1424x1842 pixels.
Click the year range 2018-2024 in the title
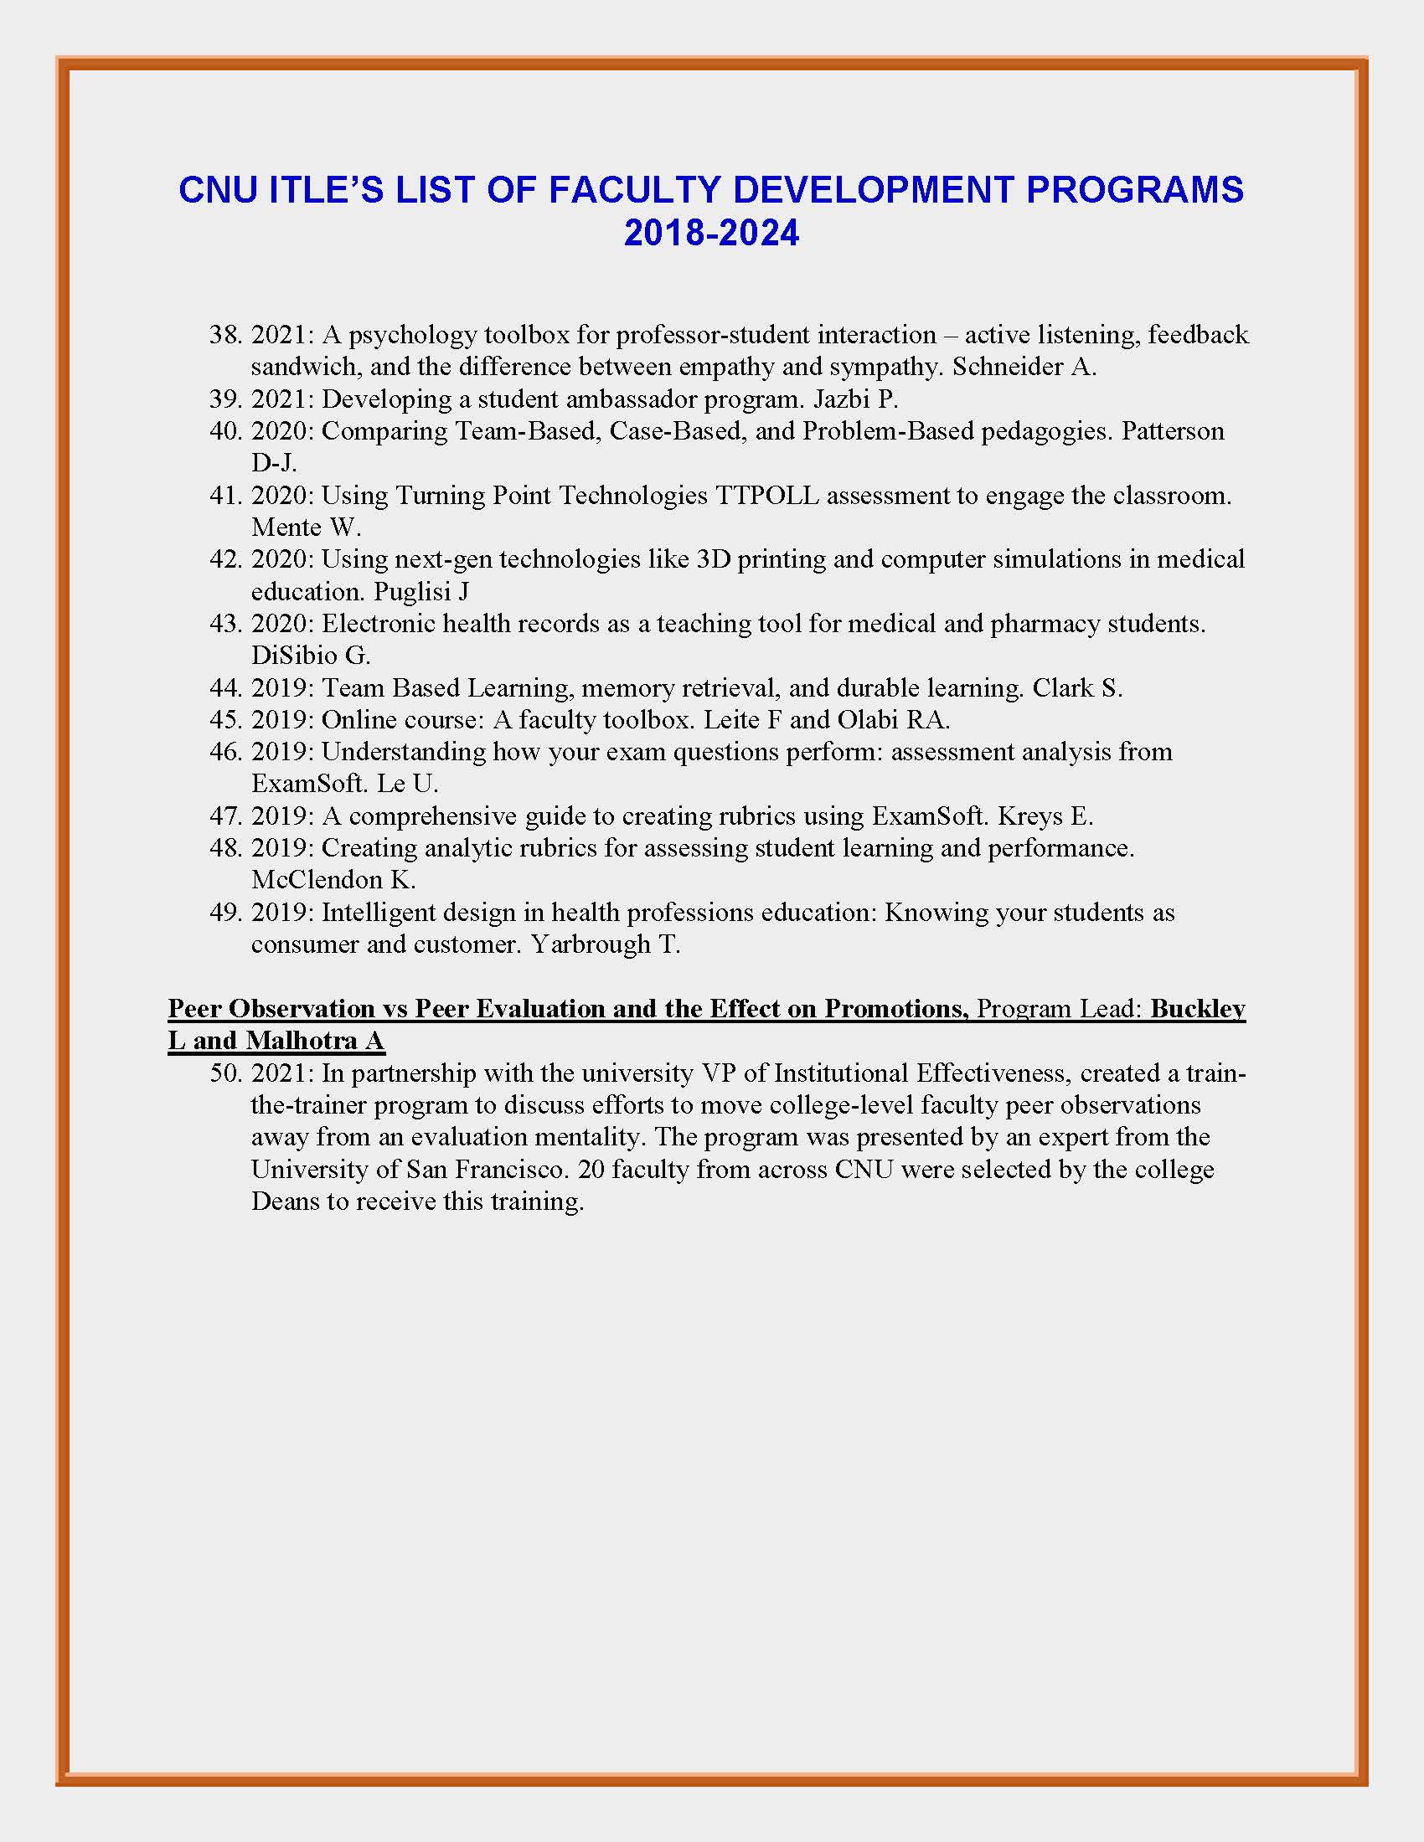[x=711, y=234]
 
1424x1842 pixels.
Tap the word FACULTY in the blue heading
[x=632, y=191]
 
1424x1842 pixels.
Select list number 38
[x=225, y=336]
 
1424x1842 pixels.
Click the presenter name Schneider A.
[x=1024, y=368]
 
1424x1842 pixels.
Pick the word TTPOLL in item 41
[x=766, y=496]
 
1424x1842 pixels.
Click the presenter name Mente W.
[x=306, y=528]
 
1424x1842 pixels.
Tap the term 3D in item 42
[x=714, y=560]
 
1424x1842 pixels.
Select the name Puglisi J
[x=421, y=592]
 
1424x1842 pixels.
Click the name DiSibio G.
[x=311, y=656]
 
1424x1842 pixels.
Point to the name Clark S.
[x=1077, y=689]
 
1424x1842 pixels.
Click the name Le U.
[x=407, y=785]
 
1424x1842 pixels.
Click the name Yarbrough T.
[x=605, y=945]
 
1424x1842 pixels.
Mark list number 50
[x=225, y=1074]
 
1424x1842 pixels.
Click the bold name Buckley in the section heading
[x=1197, y=1010]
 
